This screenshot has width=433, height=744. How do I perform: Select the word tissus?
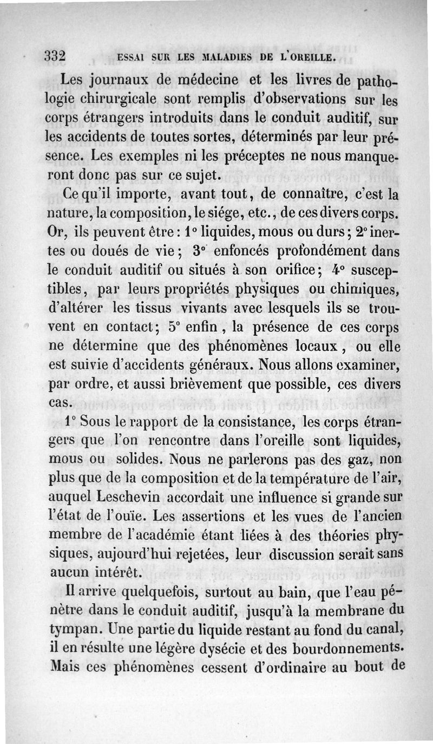[x=168, y=308]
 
